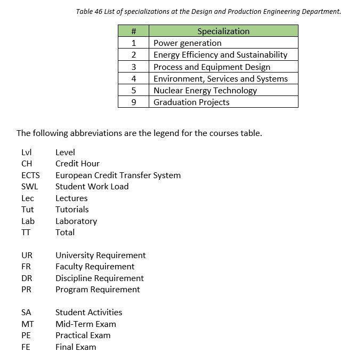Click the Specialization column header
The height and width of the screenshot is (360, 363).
[x=223, y=31]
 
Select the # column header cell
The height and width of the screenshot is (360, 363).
[x=134, y=31]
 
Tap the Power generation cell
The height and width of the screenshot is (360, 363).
[x=187, y=43]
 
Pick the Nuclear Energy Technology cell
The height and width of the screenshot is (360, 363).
[x=205, y=91]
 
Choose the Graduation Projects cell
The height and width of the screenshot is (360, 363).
[x=191, y=102]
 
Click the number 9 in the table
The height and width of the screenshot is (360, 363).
[x=134, y=102]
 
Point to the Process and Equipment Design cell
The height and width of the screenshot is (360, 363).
[x=212, y=67]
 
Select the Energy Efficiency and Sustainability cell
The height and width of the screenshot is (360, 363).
[x=220, y=55]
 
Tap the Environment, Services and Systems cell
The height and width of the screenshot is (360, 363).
[x=220, y=79]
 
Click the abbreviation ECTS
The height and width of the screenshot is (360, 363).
[x=30, y=175]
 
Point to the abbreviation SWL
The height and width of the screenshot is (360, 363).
[x=30, y=187]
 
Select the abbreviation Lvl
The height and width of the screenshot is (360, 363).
[x=26, y=153]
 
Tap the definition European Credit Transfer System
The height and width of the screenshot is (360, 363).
[x=118, y=175]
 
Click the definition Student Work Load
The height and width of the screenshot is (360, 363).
[x=92, y=187]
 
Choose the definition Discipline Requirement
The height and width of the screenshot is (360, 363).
[x=99, y=278]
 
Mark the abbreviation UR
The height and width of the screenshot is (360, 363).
[x=27, y=255]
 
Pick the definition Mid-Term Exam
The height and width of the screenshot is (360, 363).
[x=85, y=324]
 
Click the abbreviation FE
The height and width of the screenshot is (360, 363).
[x=26, y=347]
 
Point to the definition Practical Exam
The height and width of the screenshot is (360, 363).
[x=83, y=335]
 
